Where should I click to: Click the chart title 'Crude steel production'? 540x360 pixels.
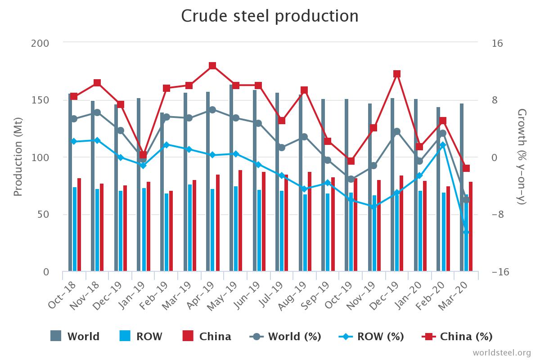(270, 16)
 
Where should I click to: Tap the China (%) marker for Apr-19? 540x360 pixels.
(212, 66)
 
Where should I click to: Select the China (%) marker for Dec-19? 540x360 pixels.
(397, 74)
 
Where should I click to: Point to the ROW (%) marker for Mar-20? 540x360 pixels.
(466, 232)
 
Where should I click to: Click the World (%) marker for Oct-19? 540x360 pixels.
(351, 179)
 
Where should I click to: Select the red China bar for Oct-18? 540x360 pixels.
(79, 225)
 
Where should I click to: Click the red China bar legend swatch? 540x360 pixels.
(188, 336)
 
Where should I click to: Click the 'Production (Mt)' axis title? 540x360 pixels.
(18, 157)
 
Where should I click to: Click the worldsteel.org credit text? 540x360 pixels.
(501, 352)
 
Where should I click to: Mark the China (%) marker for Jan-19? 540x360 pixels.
(143, 155)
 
